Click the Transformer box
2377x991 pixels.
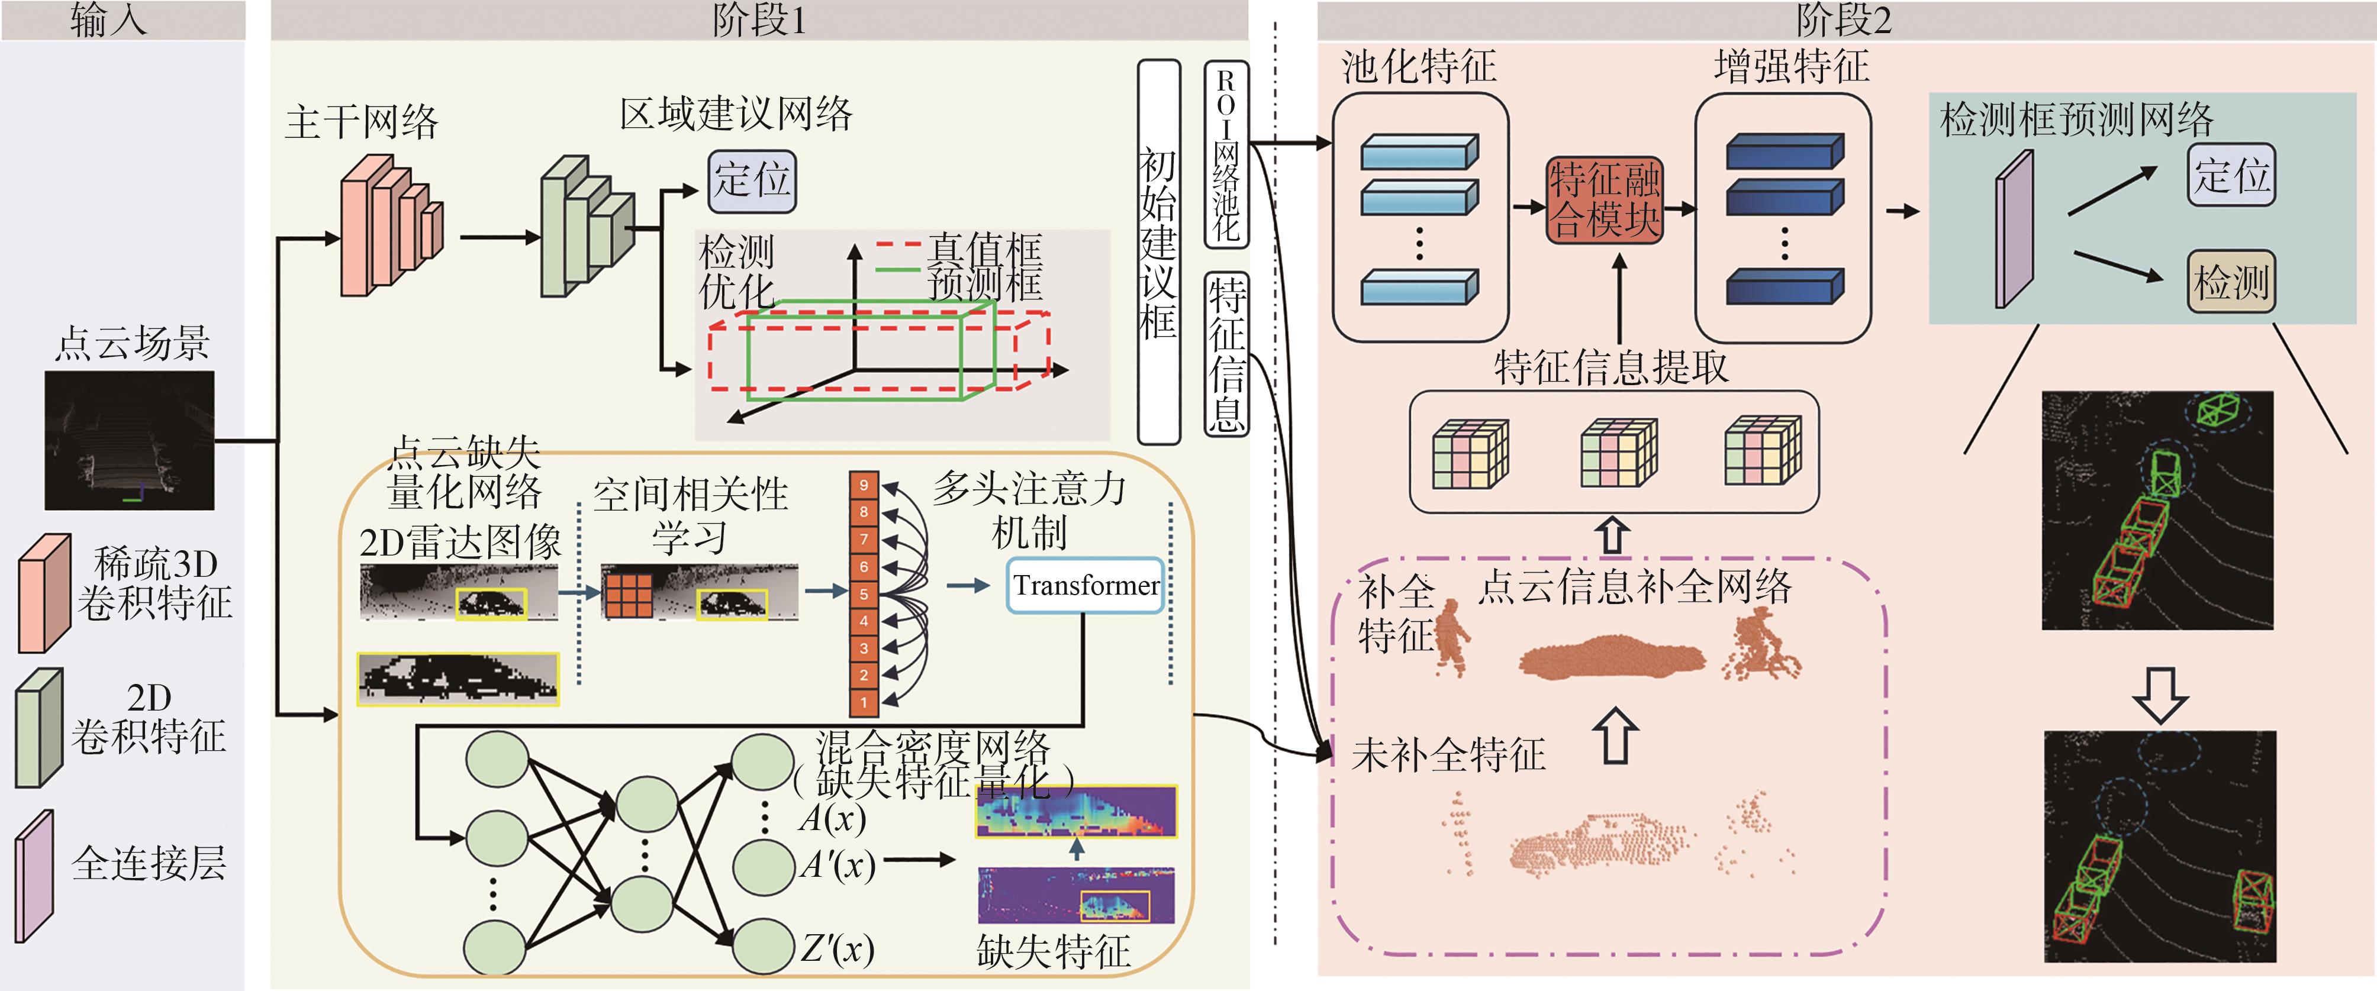(1084, 585)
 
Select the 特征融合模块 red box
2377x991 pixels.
(1605, 200)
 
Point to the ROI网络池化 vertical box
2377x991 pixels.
(1226, 154)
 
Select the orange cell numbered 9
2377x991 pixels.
(864, 485)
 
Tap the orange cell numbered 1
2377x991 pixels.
(864, 702)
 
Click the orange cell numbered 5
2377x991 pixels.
(864, 594)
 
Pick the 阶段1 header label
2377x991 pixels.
(759, 20)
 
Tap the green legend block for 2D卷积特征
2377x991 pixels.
(38, 728)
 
